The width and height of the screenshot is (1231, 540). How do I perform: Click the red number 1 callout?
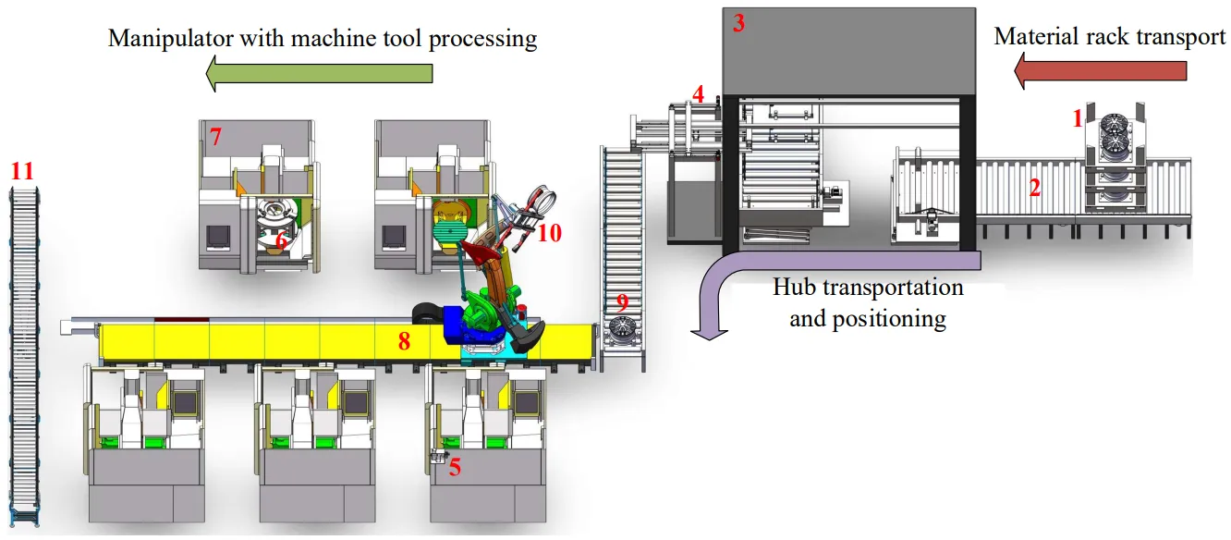click(1076, 118)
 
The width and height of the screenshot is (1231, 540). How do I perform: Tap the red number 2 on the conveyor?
click(1035, 188)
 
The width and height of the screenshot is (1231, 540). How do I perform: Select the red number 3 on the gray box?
click(738, 24)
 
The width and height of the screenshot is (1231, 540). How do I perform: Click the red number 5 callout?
click(455, 467)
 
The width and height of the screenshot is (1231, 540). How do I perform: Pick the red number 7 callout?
click(215, 138)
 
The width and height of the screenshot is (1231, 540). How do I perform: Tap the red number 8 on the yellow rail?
click(404, 341)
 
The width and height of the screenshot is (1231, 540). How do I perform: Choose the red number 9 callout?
click(622, 302)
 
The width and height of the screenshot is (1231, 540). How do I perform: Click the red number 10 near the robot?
click(549, 233)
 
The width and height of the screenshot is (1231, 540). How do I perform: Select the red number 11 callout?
click(22, 171)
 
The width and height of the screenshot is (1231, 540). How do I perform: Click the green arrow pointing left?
click(319, 73)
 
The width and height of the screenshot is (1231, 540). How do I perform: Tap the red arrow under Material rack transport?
click(1100, 70)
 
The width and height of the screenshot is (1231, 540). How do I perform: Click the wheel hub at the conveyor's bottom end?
click(622, 330)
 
